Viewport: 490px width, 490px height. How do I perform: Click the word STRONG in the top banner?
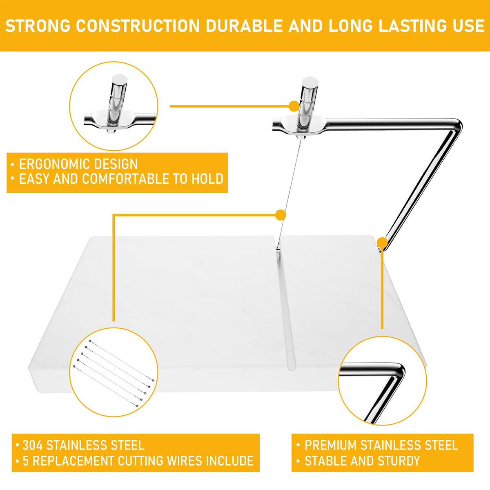click(38, 26)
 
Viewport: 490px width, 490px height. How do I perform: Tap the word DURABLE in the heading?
click(244, 26)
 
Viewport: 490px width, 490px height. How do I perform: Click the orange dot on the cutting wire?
click(281, 215)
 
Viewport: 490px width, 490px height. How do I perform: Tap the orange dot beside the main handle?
click(294, 105)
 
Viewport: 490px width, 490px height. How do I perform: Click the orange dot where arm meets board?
click(382, 242)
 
